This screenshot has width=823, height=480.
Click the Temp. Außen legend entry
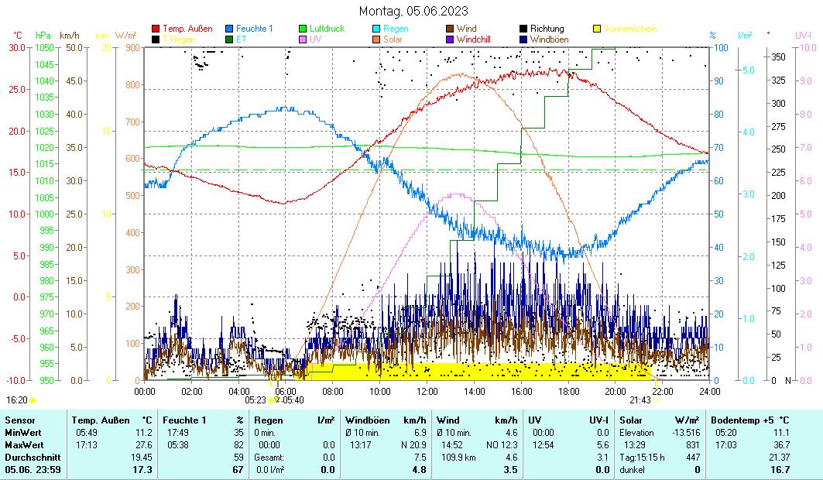click(187, 29)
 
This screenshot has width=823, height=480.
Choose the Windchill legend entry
click(479, 39)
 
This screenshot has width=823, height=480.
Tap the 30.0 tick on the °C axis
click(17, 47)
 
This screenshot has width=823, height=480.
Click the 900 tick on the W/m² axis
click(132, 47)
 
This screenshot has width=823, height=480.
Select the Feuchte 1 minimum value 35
click(238, 432)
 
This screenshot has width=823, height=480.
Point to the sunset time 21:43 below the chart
click(640, 400)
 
